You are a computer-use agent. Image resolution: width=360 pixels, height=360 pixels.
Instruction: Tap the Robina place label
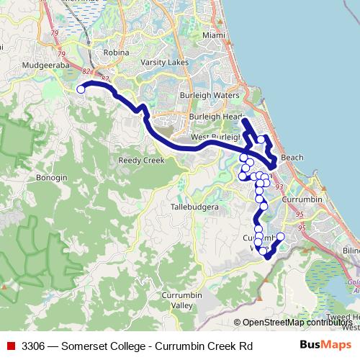(117, 53)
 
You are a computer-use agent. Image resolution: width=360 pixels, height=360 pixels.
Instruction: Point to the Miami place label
(214, 35)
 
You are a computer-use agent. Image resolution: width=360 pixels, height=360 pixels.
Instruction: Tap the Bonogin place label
(52, 177)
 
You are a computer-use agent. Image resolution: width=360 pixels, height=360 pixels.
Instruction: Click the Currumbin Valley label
(182, 300)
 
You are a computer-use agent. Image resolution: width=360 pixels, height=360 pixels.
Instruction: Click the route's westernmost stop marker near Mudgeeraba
(81, 89)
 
